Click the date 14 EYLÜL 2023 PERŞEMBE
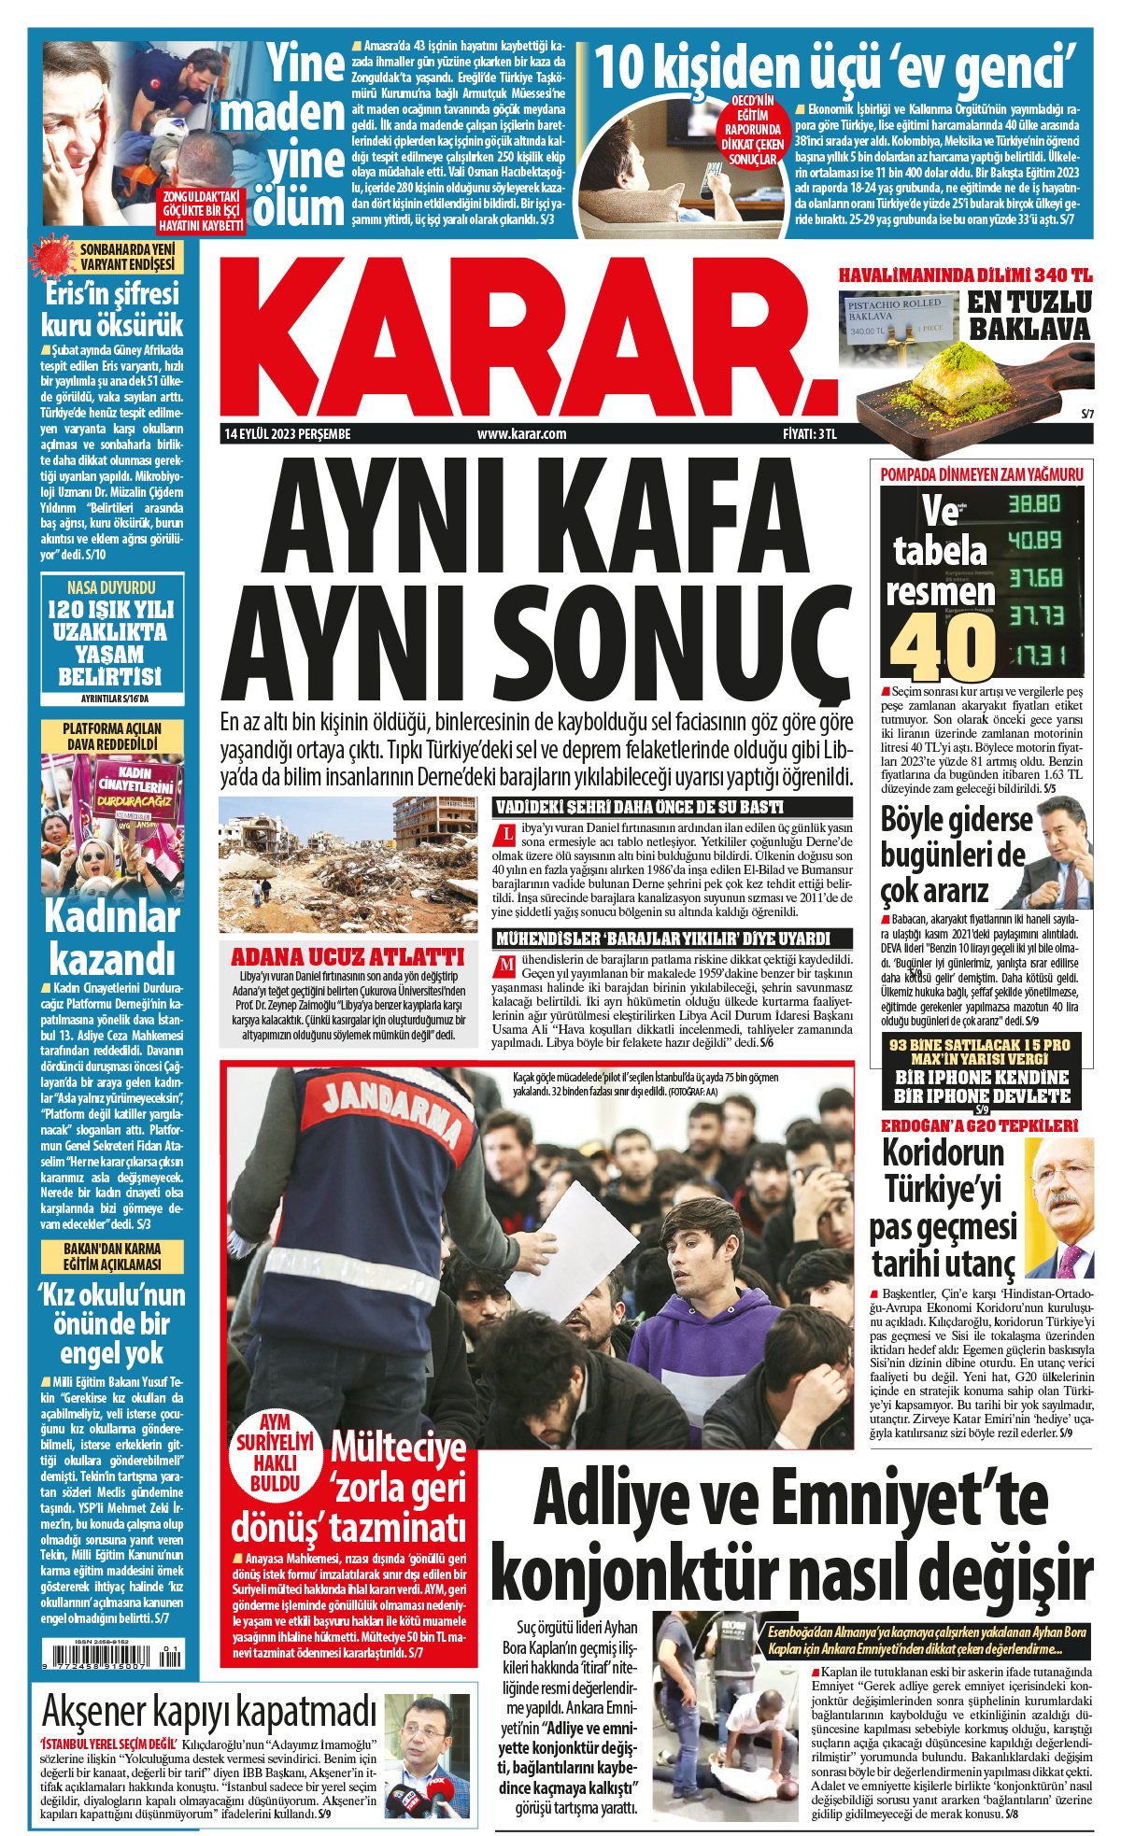(x=287, y=433)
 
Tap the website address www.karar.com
(x=521, y=433)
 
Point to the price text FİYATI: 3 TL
(x=809, y=433)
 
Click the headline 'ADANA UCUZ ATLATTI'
(x=348, y=957)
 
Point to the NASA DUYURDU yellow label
(x=112, y=587)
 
